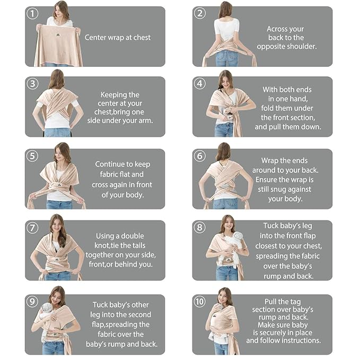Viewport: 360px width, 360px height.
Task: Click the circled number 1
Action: tap(32, 14)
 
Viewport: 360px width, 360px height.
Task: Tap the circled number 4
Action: tap(199, 83)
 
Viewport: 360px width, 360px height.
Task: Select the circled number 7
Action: tap(32, 228)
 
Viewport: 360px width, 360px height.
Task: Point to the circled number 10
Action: tap(199, 301)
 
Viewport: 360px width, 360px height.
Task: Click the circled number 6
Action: tap(199, 156)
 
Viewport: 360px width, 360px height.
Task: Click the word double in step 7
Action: tap(133, 236)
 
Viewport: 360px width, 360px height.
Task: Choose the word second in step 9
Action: tap(139, 314)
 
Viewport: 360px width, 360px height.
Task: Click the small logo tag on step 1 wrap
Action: tap(58, 35)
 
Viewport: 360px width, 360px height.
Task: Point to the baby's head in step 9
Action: tap(47, 308)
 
